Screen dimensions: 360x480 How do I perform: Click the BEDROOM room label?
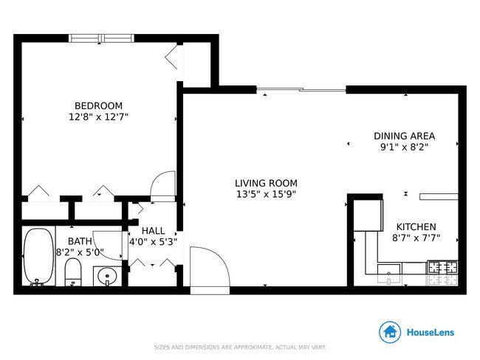98,105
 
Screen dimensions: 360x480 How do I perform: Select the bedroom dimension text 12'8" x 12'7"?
98,117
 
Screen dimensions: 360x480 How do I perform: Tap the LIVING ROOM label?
266,183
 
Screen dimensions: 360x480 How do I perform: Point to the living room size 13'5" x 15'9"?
266,195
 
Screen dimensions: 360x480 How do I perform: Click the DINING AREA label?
404,136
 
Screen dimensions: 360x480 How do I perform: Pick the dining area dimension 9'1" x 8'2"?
404,147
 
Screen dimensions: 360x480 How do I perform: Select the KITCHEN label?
416,226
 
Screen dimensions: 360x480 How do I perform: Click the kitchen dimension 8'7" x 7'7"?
416,238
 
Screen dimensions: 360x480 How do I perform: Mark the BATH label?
80,241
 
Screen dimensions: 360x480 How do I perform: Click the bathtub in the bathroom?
38,257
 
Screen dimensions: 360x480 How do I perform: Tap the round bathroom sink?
108,278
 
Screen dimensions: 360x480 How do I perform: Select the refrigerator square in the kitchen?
367,215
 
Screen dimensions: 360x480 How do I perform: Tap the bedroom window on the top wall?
101,38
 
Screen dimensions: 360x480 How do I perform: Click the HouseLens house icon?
390,332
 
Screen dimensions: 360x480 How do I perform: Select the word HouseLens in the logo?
431,333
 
